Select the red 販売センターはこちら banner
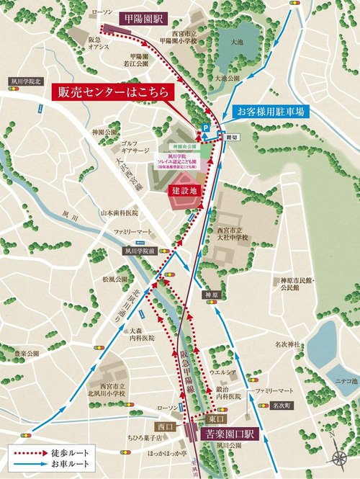[x=110, y=94]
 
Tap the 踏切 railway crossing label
[x=232, y=135]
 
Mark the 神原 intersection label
[x=210, y=295]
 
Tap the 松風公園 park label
[x=115, y=277]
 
